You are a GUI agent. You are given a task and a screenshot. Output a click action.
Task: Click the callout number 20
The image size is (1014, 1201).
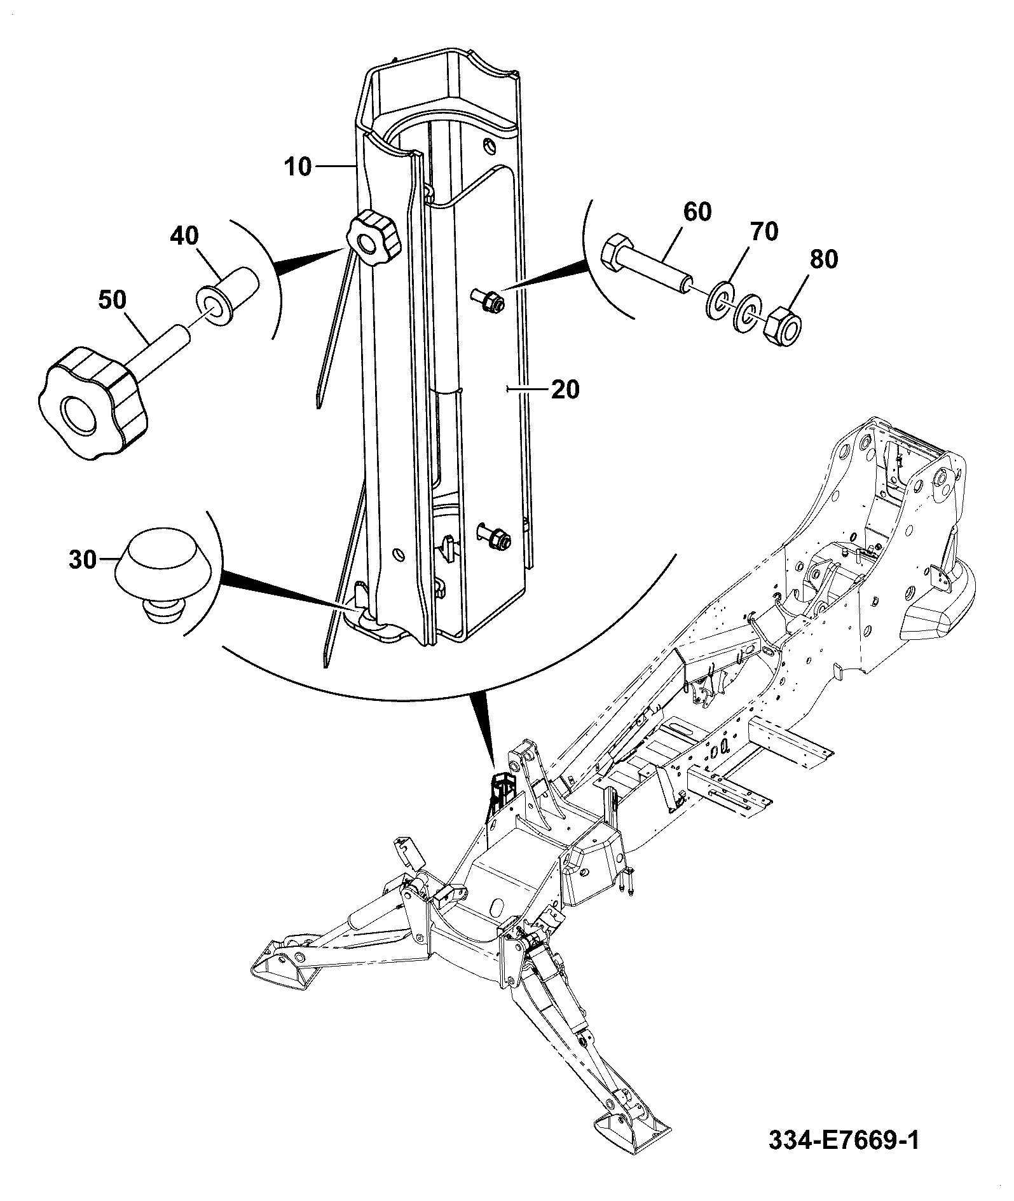click(x=565, y=390)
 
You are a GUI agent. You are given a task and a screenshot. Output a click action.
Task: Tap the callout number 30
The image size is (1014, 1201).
click(x=82, y=560)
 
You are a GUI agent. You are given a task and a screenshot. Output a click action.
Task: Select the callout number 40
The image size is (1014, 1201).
click(x=184, y=236)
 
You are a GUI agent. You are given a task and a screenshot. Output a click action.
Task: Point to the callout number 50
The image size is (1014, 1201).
click(x=112, y=300)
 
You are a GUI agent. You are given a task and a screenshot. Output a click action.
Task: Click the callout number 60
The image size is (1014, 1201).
click(x=697, y=212)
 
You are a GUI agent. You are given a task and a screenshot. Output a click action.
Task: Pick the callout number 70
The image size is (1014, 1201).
click(x=764, y=232)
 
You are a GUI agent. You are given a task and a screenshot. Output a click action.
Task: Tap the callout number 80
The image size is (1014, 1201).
click(x=823, y=259)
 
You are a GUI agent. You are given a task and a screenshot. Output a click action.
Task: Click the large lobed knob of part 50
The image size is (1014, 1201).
click(x=91, y=402)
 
